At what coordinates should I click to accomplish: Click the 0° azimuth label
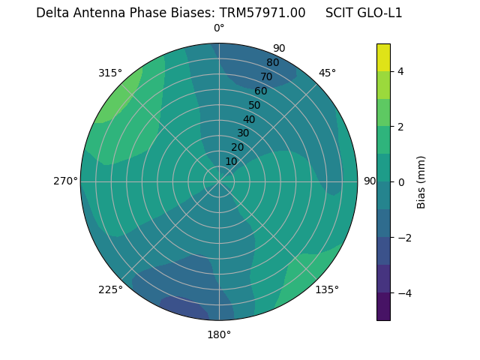[219, 28]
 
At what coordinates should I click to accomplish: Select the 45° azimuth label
[327, 73]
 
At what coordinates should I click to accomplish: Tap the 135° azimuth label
[327, 289]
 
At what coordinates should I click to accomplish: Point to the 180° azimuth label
[219, 334]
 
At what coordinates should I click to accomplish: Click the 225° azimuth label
[110, 290]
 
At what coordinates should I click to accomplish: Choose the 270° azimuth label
[65, 181]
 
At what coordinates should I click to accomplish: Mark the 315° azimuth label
[110, 73]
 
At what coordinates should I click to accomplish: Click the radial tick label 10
[231, 161]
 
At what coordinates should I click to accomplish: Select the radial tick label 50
[254, 105]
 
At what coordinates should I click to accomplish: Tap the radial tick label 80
[272, 62]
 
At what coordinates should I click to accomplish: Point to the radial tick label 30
[243, 133]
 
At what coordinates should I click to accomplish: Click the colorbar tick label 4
[401, 71]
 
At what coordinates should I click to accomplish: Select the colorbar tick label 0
[401, 182]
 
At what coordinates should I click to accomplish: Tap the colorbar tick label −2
[403, 238]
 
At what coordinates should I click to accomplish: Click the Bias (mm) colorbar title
[421, 182]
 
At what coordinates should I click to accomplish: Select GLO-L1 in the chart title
[381, 13]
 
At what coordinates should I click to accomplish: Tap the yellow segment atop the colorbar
[383, 57]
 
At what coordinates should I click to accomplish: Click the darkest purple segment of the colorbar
[383, 307]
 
